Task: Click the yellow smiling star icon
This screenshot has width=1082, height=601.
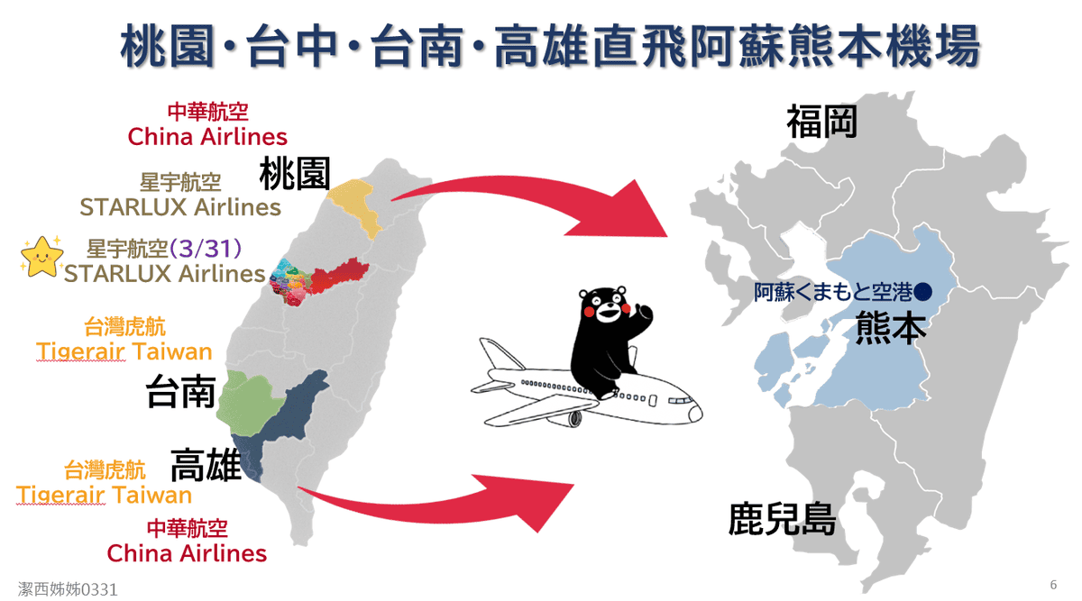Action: click(x=42, y=256)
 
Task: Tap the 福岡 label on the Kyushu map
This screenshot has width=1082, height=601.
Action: click(x=822, y=122)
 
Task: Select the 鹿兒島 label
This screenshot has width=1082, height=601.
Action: click(x=782, y=519)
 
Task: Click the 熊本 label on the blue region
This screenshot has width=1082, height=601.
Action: click(x=891, y=328)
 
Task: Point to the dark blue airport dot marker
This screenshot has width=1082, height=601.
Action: click(x=922, y=292)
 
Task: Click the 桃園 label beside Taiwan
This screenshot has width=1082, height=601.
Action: click(x=295, y=173)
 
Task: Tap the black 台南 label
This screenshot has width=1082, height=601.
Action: click(x=181, y=391)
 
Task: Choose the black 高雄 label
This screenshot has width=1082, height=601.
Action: click(x=206, y=465)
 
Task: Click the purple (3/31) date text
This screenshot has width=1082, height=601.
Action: click(x=206, y=249)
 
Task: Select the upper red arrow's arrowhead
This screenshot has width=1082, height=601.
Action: click(x=623, y=213)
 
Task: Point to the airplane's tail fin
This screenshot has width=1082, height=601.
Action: click(x=500, y=354)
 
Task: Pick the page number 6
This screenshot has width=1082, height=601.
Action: click(x=1053, y=585)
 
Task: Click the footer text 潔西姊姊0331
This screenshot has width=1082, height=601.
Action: click(x=68, y=589)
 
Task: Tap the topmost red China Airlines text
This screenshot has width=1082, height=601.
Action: click(x=207, y=137)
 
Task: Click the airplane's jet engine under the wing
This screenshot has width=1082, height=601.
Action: click(x=566, y=418)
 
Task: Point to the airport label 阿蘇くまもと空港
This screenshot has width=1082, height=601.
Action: click(x=833, y=292)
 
